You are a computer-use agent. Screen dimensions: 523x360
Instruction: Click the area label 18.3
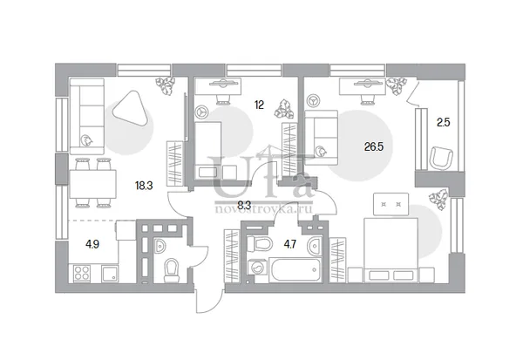[x=144, y=185]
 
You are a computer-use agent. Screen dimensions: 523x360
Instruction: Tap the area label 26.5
[x=374, y=146]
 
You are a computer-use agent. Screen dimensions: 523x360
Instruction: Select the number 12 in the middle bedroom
[x=259, y=105]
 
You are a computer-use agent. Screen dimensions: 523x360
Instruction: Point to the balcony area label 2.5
[x=444, y=122]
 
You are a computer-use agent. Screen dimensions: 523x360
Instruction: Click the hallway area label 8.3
[x=244, y=204]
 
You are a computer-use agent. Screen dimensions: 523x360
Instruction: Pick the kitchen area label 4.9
[x=92, y=244]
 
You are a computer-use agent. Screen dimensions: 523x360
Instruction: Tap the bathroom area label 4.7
[x=290, y=245]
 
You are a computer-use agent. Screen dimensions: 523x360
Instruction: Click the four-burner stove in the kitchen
[x=82, y=273]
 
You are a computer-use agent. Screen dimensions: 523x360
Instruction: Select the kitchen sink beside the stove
[x=110, y=273]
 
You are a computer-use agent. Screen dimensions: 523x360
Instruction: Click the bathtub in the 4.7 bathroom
[x=295, y=269]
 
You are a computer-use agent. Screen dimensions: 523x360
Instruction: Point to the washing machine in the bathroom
[x=257, y=268]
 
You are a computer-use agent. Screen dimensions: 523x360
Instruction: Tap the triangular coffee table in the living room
[x=131, y=109]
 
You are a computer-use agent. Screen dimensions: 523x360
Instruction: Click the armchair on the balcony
[x=441, y=158]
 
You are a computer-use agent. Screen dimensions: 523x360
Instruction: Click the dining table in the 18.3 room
[x=92, y=184]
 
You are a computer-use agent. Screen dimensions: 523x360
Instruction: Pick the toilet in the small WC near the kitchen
[x=172, y=270]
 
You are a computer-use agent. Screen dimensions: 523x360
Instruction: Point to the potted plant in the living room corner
[x=166, y=85]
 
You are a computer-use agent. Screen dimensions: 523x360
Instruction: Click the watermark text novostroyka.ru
[x=263, y=209]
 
